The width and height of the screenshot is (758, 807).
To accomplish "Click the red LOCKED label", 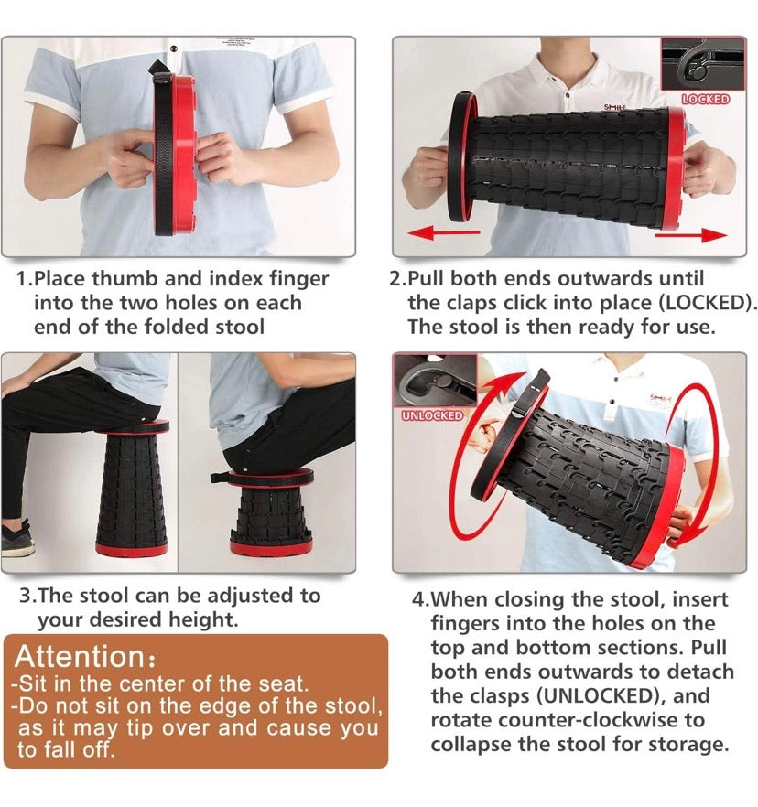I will click(705, 99).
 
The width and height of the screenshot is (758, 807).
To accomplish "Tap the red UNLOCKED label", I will click(433, 415).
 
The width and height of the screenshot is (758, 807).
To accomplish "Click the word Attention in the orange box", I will click(79, 657).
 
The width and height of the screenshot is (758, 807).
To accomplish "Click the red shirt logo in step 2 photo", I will click(614, 107).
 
